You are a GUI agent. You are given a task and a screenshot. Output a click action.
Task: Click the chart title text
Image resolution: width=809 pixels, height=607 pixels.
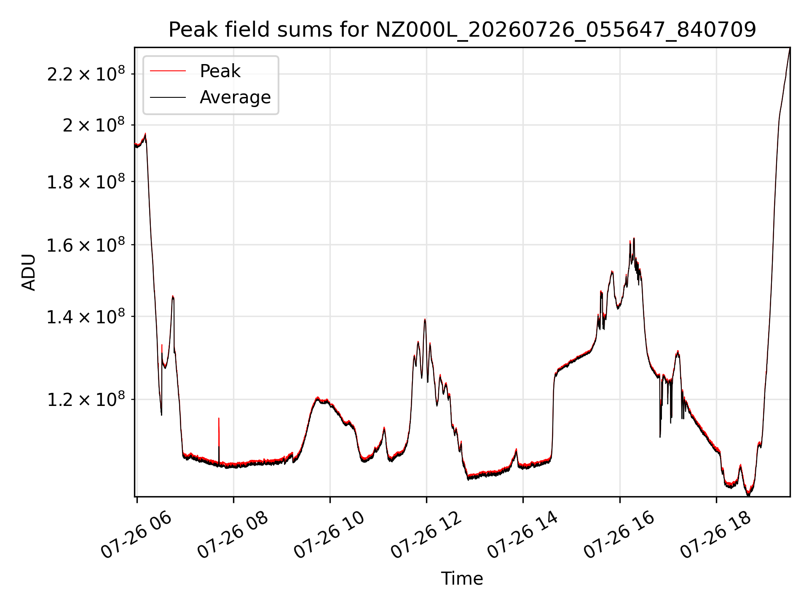click(462, 30)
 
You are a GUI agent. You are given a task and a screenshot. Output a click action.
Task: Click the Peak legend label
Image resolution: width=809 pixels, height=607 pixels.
click(220, 71)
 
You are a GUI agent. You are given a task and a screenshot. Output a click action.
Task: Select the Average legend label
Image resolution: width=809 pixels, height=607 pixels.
click(235, 97)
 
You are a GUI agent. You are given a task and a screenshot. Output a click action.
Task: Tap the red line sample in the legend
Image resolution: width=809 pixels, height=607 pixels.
click(168, 71)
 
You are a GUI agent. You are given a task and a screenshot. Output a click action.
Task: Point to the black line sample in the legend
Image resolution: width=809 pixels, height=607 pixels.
click(168, 97)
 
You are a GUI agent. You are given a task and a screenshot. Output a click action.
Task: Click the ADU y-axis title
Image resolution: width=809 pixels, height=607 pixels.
click(29, 272)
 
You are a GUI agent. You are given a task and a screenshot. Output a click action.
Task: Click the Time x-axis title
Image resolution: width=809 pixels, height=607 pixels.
click(462, 579)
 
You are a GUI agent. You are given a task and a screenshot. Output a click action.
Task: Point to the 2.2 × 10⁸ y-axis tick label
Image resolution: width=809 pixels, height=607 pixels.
click(86, 74)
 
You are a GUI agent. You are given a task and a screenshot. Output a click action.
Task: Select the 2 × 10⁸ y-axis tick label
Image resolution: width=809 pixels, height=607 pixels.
click(94, 125)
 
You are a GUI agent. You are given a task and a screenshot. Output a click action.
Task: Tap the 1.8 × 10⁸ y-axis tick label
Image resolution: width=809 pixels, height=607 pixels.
click(86, 182)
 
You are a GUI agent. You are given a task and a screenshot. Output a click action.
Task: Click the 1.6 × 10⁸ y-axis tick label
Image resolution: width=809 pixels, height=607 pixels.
click(86, 245)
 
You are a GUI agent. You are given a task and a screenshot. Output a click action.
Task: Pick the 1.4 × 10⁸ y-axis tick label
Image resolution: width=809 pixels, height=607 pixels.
click(86, 316)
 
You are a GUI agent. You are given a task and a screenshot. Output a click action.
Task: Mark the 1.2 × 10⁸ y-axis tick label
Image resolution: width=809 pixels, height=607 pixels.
click(86, 399)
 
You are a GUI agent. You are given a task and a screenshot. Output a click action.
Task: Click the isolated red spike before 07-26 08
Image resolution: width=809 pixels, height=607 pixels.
click(219, 432)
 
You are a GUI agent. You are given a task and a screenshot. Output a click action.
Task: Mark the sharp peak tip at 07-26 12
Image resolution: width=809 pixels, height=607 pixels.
click(425, 320)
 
